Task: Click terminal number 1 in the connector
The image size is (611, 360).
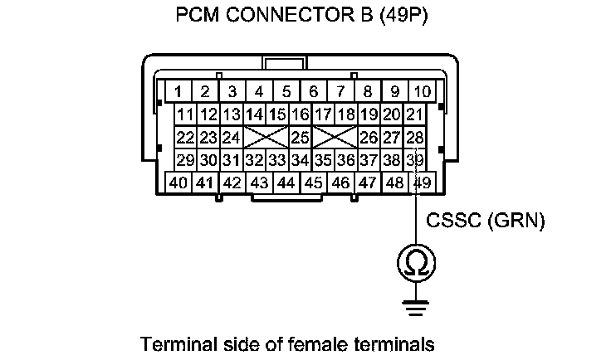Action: coord(178,91)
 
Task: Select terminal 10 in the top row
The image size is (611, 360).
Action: coord(422,91)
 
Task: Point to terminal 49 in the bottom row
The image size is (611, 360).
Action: coord(422,182)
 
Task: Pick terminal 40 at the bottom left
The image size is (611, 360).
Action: coord(178,182)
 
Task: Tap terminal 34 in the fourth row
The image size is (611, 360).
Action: coord(300,159)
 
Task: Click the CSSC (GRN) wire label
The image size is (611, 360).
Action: coord(484,221)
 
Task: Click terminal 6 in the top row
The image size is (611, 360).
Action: coord(313,91)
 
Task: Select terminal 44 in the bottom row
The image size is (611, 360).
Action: coord(286,182)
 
